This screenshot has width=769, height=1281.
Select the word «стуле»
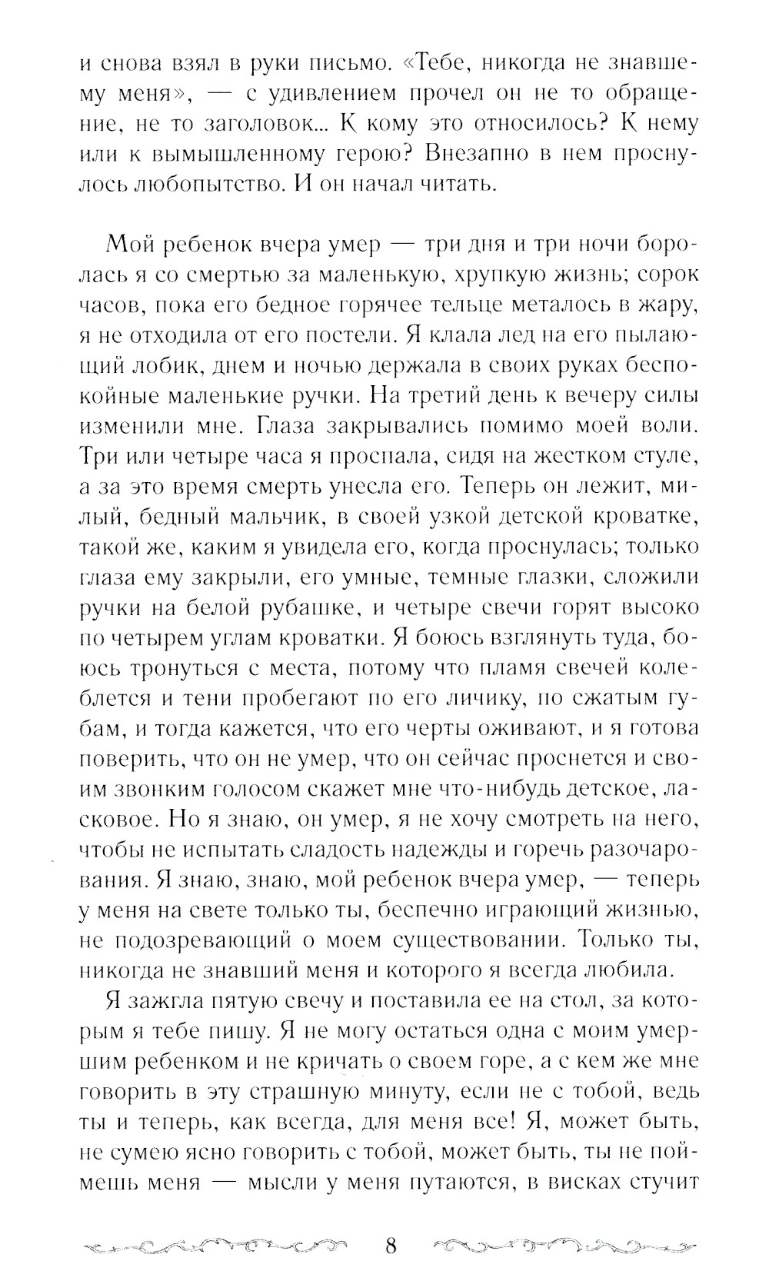(662, 458)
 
